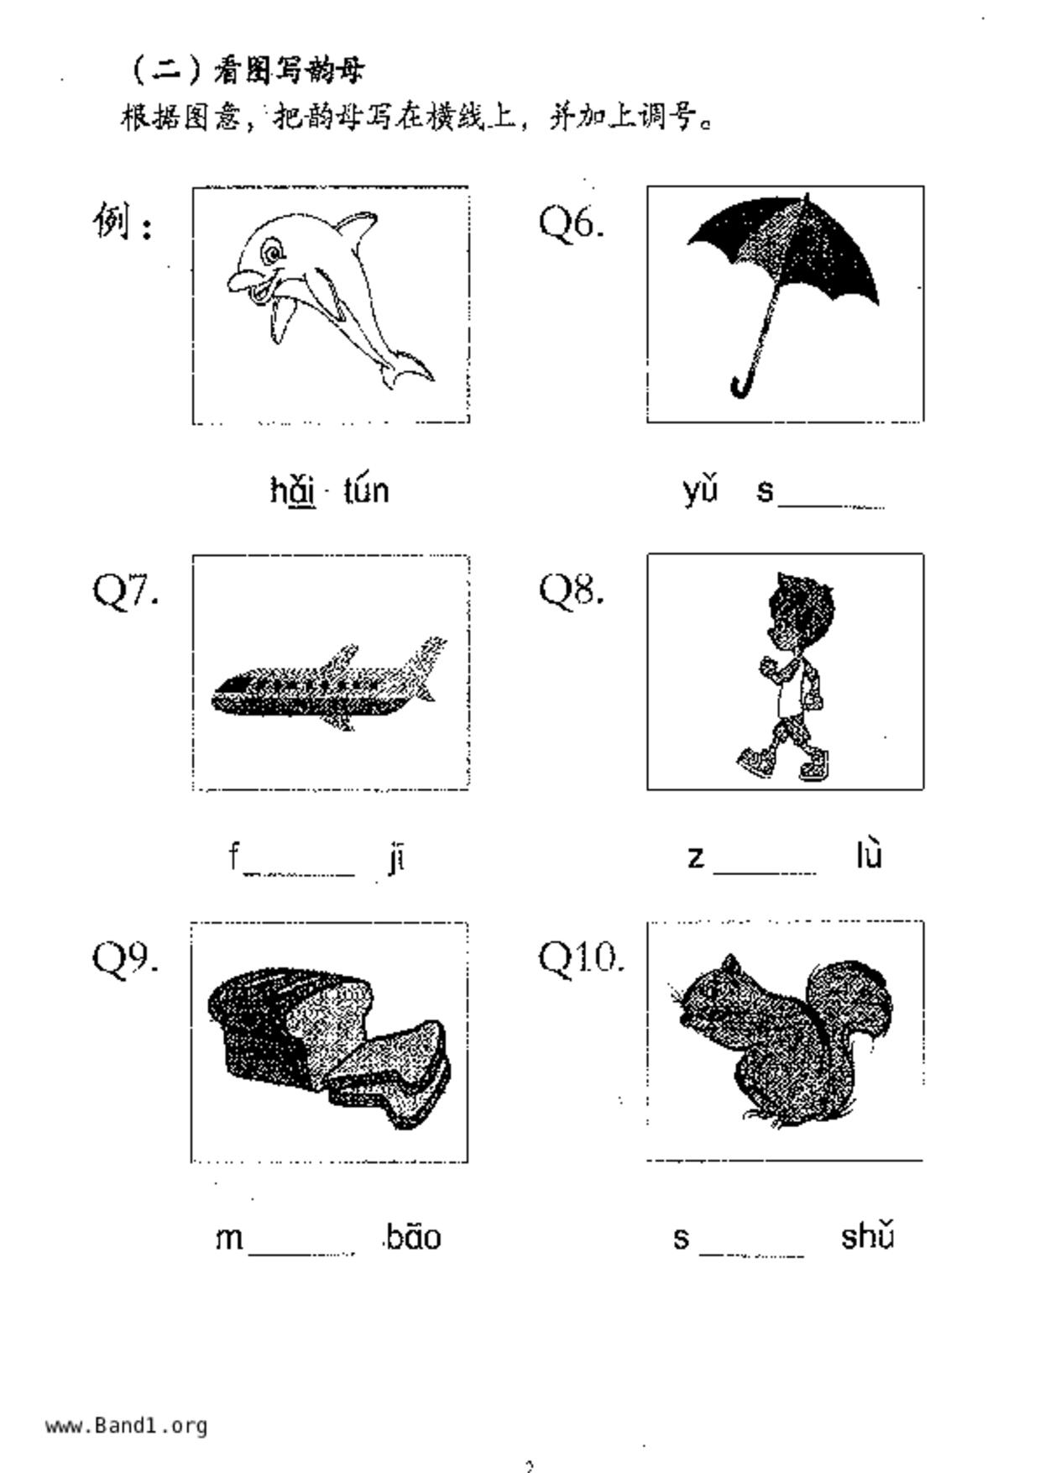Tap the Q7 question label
click(125, 590)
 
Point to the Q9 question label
click(125, 957)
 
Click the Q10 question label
click(581, 957)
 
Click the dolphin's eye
click(271, 251)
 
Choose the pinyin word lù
click(869, 856)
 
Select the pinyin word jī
click(397, 858)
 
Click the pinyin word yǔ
click(700, 490)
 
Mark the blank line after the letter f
click(300, 872)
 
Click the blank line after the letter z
click(765, 870)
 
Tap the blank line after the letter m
click(301, 1252)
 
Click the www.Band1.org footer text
click(127, 1425)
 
